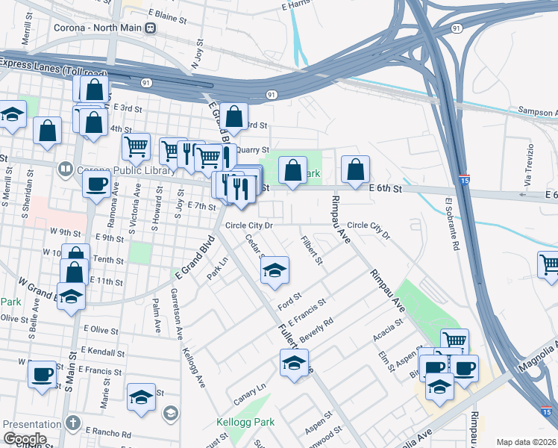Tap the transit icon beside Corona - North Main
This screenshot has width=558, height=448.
151,28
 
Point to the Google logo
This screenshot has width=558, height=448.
25,439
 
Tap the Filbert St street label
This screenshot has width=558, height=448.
311,251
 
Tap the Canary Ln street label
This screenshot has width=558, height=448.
249,389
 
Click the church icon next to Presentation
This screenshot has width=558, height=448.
72,423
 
